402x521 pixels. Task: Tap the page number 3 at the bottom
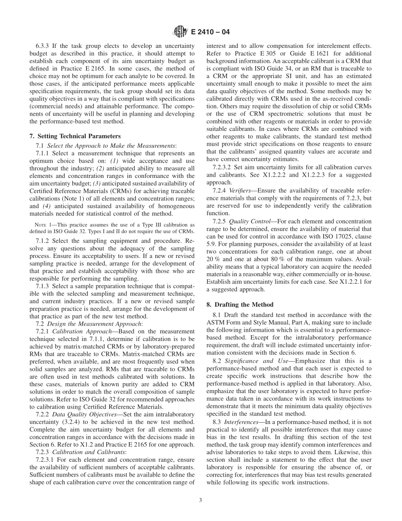[201, 500]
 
